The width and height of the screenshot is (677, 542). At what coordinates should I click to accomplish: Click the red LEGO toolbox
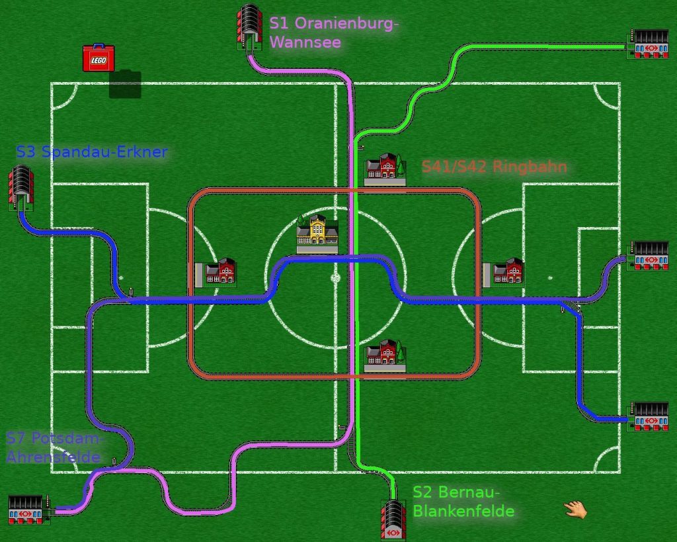(x=98, y=58)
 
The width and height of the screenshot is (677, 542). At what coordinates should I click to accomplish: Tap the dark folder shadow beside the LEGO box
(x=125, y=85)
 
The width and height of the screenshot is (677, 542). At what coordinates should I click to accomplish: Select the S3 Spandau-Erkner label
(x=91, y=152)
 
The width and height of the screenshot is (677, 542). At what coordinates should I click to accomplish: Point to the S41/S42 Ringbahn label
(x=494, y=167)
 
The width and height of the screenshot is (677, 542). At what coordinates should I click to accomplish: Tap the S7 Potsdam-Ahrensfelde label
(x=55, y=447)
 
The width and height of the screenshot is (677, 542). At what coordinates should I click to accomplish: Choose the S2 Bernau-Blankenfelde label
(x=463, y=501)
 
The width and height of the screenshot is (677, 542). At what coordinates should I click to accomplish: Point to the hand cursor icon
(x=575, y=509)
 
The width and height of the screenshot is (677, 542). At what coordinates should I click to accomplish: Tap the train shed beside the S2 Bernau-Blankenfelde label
(x=394, y=519)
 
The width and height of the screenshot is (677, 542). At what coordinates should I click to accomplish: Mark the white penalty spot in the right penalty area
(x=550, y=278)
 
